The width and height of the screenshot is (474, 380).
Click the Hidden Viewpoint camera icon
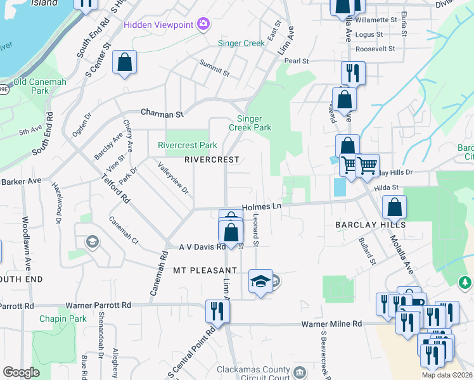[x=203, y=24]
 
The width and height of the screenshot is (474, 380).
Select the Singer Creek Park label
[x=253, y=123]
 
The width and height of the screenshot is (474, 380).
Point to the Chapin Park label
[x=63, y=319]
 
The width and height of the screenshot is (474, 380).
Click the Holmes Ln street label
[x=261, y=206]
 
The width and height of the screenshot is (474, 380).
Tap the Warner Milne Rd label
[x=331, y=324]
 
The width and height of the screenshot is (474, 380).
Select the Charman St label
[x=162, y=114]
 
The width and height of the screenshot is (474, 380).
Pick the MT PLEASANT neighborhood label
[x=205, y=270]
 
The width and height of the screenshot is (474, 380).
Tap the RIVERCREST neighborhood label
[x=212, y=160]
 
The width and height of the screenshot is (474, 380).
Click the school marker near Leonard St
[x=260, y=282]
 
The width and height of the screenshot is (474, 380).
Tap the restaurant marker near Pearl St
[x=351, y=73]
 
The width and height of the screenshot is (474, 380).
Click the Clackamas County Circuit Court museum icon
[x=300, y=370]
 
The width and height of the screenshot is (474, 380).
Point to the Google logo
[x=21, y=372]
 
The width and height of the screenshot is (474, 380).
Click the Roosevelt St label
[x=375, y=48]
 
